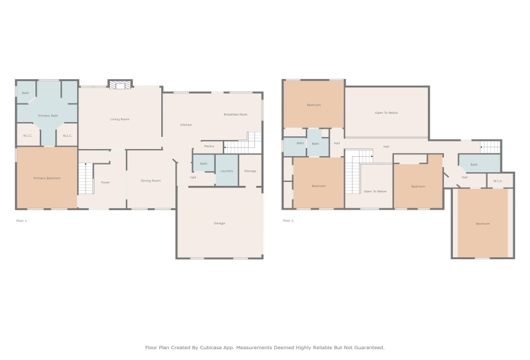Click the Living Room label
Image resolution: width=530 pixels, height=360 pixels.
coord(119,119)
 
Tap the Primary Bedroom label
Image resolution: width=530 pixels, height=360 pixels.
coord(46,178)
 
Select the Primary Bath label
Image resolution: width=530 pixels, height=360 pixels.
coord(48,116)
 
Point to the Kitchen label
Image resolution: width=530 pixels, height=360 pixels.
coord(186,125)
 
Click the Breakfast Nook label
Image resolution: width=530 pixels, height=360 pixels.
coord(235,114)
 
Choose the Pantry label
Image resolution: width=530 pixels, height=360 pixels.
coord(209,146)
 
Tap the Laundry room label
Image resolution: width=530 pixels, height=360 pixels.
coord(226,171)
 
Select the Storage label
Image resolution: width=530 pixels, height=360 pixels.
coord(250,171)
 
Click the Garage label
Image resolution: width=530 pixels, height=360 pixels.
coord(219,223)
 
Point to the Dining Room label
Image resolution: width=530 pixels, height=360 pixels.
coord(151,181)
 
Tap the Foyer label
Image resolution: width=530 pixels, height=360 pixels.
coord(105,183)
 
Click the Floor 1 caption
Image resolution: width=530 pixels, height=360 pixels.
coord(21,221)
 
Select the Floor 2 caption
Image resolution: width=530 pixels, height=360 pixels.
coord(288,221)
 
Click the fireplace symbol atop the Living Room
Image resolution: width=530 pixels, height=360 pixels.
coord(119,84)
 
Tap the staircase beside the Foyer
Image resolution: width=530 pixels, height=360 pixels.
coord(85,178)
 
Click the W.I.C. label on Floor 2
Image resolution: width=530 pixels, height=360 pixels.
coord(497,181)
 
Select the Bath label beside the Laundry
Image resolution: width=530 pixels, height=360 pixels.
coord(203,164)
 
